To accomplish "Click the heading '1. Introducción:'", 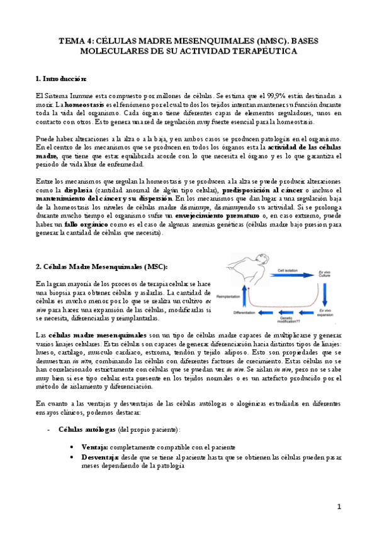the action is (61, 79).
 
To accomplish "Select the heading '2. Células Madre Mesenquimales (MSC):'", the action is (101, 266).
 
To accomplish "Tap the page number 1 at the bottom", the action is (339, 506).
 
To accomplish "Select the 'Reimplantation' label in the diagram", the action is (231, 295).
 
